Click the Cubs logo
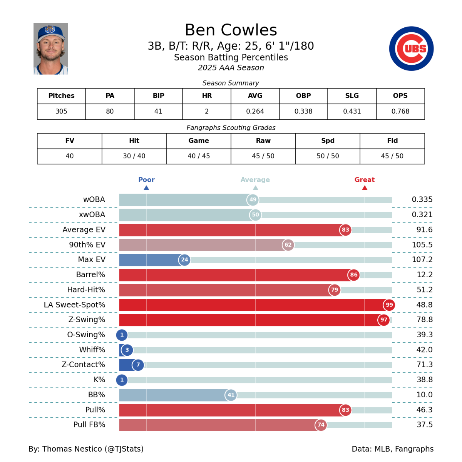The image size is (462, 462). tap(411, 49)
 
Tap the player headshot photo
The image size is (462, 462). tap(51, 49)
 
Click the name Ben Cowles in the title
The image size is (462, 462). tap(231, 30)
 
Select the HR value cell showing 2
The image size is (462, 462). tap(207, 111)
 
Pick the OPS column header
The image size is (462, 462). tap(400, 96)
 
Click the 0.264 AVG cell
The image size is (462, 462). tap(255, 111)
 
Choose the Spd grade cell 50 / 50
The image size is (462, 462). tap(328, 156)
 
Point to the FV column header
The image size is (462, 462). tap(70, 141)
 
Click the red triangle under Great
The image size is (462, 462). tap(365, 188)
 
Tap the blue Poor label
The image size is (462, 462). tap(146, 180)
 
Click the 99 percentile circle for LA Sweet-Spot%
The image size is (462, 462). tap(389, 305)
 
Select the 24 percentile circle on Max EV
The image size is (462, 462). tap(184, 260)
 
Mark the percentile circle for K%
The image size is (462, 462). tap(122, 380)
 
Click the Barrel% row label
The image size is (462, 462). tap(90, 275)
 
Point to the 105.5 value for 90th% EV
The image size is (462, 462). tap(422, 245)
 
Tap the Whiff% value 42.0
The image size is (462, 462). tap(424, 350)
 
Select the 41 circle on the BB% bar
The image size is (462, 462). tap(231, 395)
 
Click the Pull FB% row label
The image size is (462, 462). tap(89, 425)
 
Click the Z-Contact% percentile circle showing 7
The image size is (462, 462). tap(138, 365)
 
